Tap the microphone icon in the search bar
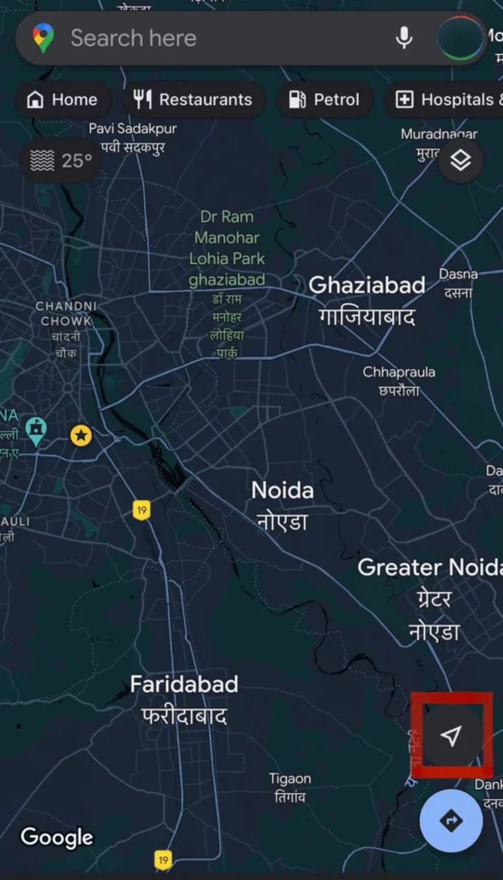point(403,38)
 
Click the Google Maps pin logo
point(43,38)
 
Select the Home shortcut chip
point(62,100)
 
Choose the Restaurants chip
point(194,100)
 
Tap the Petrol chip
point(324,100)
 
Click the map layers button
point(461,160)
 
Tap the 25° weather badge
point(61,161)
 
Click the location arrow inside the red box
point(451,735)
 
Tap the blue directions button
point(451,821)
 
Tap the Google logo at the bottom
point(57,837)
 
